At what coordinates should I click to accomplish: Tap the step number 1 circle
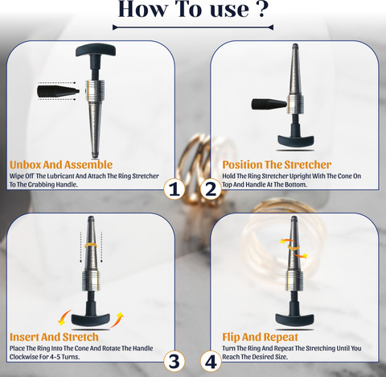(x=175, y=189)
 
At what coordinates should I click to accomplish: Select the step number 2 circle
(x=211, y=189)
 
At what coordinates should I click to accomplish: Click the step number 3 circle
(x=175, y=362)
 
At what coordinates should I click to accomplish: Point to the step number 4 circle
(x=211, y=362)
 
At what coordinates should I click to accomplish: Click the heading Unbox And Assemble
(x=61, y=164)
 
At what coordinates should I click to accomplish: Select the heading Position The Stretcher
(x=277, y=164)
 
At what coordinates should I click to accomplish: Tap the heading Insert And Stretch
(x=54, y=337)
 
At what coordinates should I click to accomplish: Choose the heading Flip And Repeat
(x=260, y=337)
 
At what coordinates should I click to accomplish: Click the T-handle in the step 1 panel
(x=96, y=50)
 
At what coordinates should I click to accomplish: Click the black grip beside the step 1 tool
(x=58, y=91)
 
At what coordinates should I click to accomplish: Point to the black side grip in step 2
(x=269, y=104)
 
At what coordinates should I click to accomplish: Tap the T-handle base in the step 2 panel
(x=296, y=140)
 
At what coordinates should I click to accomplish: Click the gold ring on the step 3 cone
(x=90, y=245)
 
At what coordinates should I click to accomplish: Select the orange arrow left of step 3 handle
(x=64, y=317)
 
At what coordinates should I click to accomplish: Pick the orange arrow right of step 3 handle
(x=117, y=320)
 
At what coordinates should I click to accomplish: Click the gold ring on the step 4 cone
(x=294, y=246)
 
